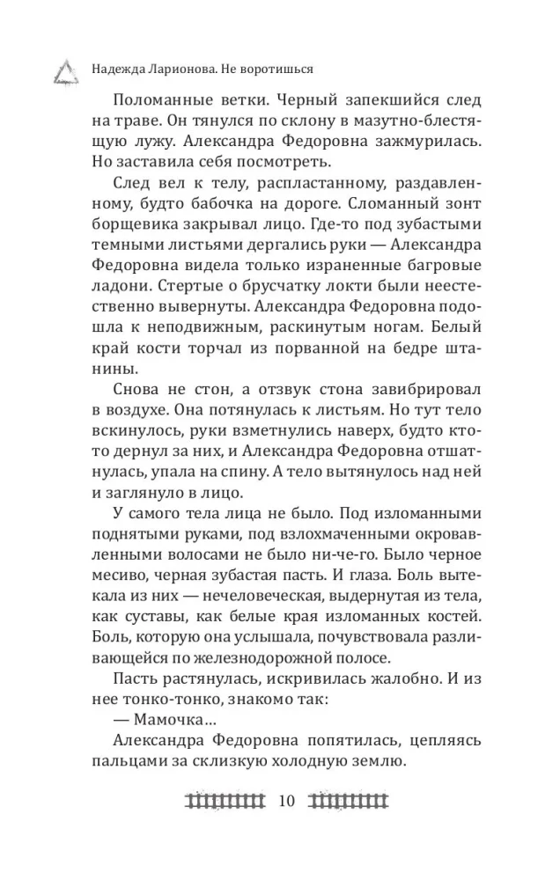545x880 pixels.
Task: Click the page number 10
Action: (x=287, y=802)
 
